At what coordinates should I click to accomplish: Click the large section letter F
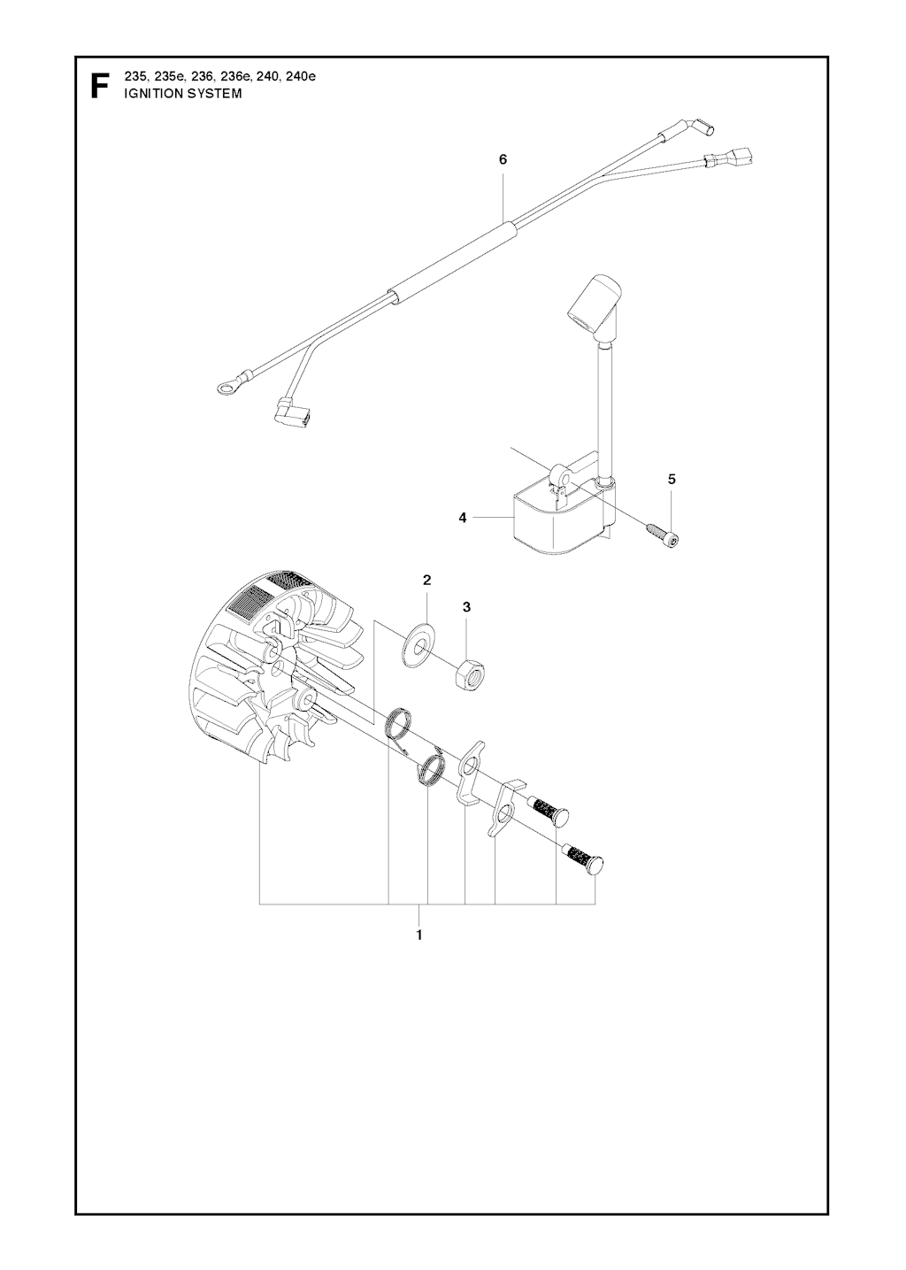(x=99, y=86)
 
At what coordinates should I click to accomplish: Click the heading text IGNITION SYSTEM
(x=182, y=94)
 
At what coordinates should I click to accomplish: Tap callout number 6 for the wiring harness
(x=503, y=160)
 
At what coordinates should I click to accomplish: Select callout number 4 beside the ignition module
(x=463, y=518)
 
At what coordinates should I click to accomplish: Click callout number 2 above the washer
(x=427, y=580)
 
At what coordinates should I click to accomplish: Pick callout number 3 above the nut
(x=466, y=607)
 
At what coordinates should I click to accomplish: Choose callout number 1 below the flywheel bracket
(x=419, y=935)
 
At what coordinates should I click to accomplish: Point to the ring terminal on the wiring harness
(x=227, y=387)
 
